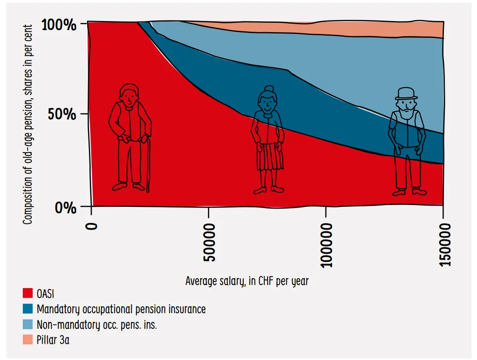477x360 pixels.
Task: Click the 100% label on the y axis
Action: coord(59,25)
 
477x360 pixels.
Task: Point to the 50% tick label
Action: coord(62,114)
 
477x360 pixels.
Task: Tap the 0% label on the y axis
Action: coord(65,208)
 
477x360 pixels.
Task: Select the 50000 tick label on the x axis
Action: coord(209,243)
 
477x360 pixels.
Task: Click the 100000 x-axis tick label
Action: coord(326,245)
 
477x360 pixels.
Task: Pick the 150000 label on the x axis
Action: coord(444,245)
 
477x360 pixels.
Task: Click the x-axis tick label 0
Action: coord(91,226)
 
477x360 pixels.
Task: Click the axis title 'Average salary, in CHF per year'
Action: coord(247,281)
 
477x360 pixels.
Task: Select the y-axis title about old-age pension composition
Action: coord(27,124)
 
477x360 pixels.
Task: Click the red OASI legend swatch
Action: coord(28,293)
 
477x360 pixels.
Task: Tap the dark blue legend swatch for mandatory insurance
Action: coord(28,309)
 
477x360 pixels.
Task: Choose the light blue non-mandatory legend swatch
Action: coord(28,324)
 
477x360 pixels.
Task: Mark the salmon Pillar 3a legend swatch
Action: coord(28,339)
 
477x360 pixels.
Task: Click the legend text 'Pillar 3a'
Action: coord(53,340)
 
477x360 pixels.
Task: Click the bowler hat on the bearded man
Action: coord(406,94)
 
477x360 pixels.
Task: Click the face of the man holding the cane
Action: coord(129,98)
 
